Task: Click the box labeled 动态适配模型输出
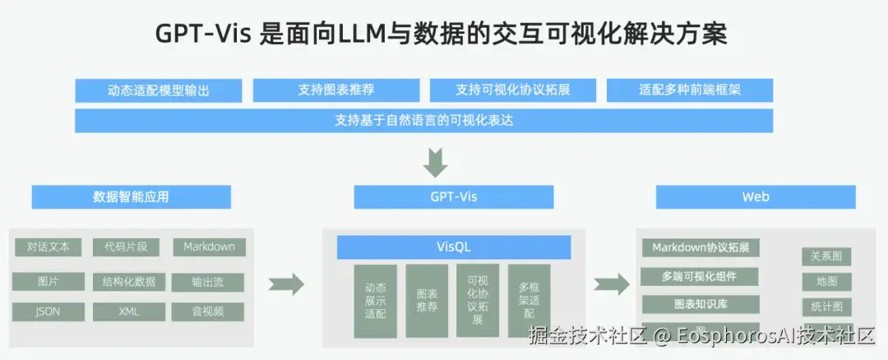point(158,90)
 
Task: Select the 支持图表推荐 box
point(335,90)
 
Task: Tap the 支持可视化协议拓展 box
point(512,90)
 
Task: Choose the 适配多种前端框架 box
point(689,90)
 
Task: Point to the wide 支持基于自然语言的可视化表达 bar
point(423,120)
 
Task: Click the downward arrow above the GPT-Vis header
point(436,162)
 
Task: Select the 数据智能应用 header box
point(132,197)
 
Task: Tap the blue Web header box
point(755,197)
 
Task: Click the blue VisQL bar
point(453,247)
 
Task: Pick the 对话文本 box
point(49,247)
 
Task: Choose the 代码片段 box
point(120,247)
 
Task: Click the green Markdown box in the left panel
point(209,247)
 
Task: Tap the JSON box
point(48,312)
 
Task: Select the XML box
point(129,312)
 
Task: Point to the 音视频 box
point(207,312)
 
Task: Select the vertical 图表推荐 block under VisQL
point(427,300)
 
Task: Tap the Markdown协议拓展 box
point(700,247)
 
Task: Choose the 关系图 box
point(826,256)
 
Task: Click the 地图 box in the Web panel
point(826,282)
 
